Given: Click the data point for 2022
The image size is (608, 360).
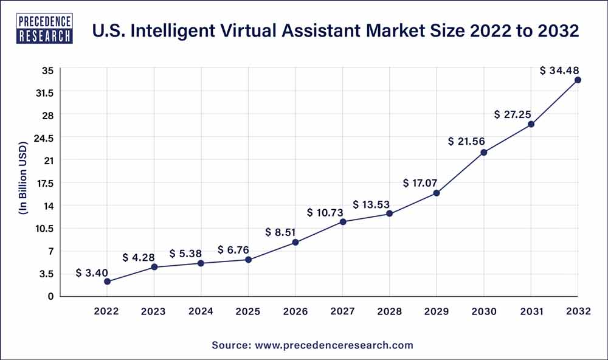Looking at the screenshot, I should [107, 282].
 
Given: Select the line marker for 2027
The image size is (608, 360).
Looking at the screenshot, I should [343, 222].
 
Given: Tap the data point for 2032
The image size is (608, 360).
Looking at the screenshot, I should [578, 80].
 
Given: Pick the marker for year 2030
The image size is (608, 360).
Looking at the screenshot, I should [484, 152].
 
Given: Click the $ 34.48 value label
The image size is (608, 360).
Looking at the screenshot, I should [560, 71].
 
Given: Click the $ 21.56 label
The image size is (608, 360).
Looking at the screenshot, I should [466, 141].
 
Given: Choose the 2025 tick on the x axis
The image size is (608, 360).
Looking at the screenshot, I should [248, 311].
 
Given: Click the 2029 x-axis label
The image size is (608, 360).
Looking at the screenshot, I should [437, 311].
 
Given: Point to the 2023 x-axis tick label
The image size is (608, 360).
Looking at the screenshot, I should [154, 311].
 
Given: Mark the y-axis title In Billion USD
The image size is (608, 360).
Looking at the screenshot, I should [22, 179].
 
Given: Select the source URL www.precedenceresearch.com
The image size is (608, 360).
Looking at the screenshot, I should [334, 345].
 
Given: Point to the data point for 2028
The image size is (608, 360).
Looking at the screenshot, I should [390, 213].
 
